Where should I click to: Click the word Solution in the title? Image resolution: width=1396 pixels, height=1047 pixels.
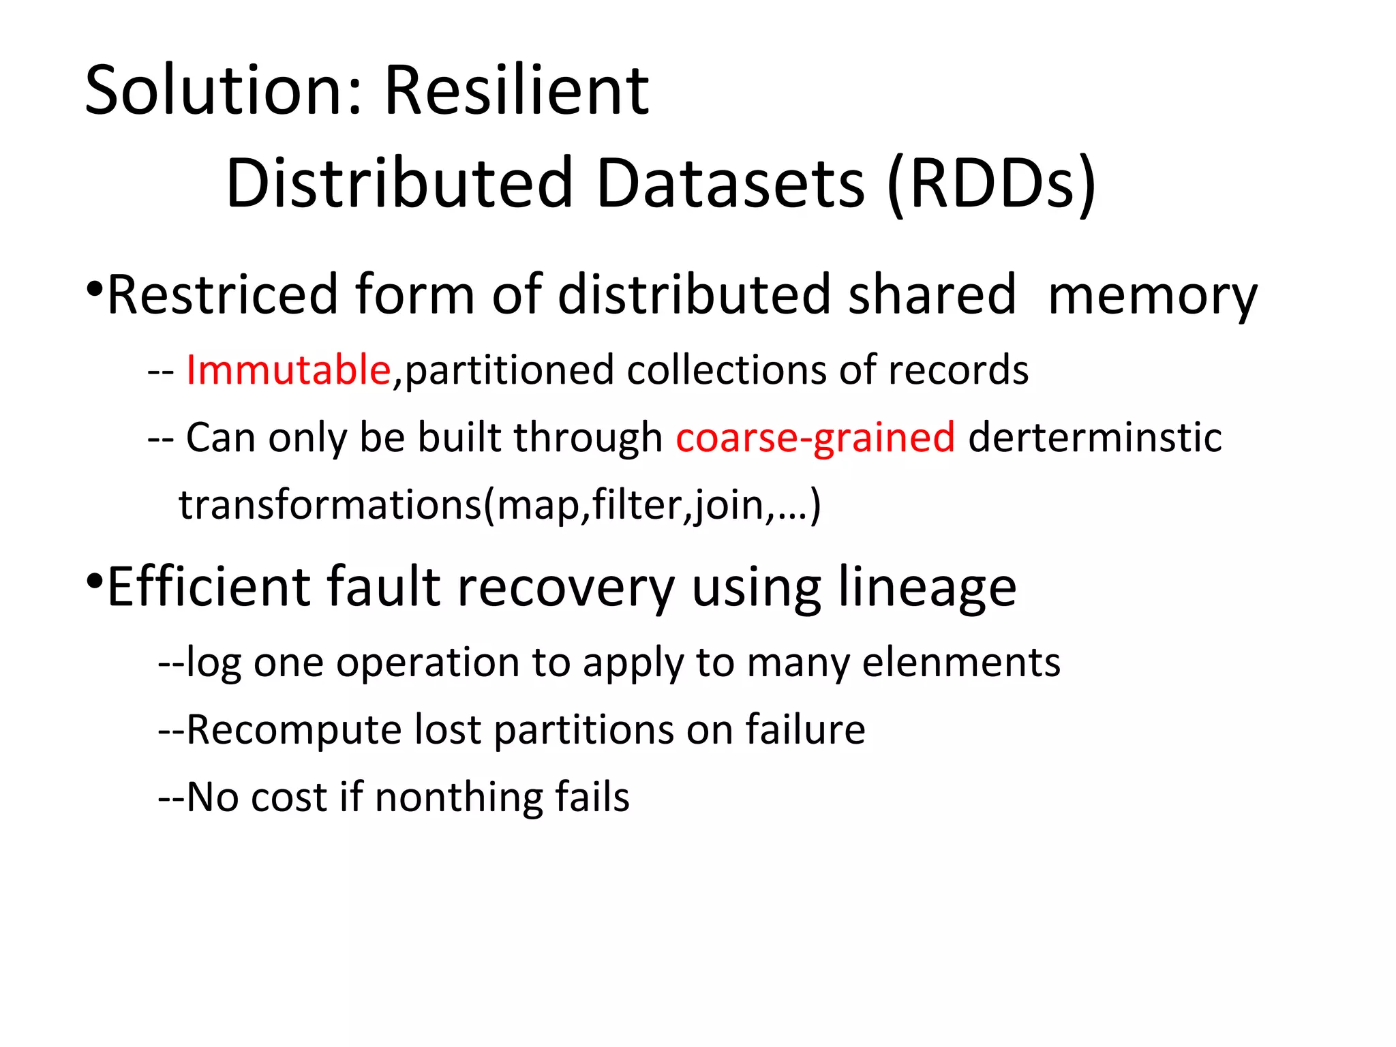(217, 91)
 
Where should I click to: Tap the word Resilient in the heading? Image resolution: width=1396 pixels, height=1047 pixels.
(516, 91)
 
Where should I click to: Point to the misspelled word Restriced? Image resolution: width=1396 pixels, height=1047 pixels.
(222, 294)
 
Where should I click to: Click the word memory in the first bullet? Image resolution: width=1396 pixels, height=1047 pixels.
(1152, 296)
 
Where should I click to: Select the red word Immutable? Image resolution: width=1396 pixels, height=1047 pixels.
(288, 370)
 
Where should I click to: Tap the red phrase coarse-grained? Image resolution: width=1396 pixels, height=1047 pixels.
(815, 438)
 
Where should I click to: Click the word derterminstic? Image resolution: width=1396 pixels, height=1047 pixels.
(1095, 438)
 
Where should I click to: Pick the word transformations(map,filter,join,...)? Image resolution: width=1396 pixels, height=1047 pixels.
(500, 505)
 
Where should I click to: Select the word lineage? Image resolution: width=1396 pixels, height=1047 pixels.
(927, 588)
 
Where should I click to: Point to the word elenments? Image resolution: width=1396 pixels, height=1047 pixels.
(961, 662)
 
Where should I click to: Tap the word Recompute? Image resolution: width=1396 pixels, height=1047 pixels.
(294, 730)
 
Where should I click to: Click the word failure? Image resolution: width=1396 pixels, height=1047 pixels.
(805, 729)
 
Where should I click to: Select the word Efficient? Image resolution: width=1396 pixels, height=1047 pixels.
(208, 586)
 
